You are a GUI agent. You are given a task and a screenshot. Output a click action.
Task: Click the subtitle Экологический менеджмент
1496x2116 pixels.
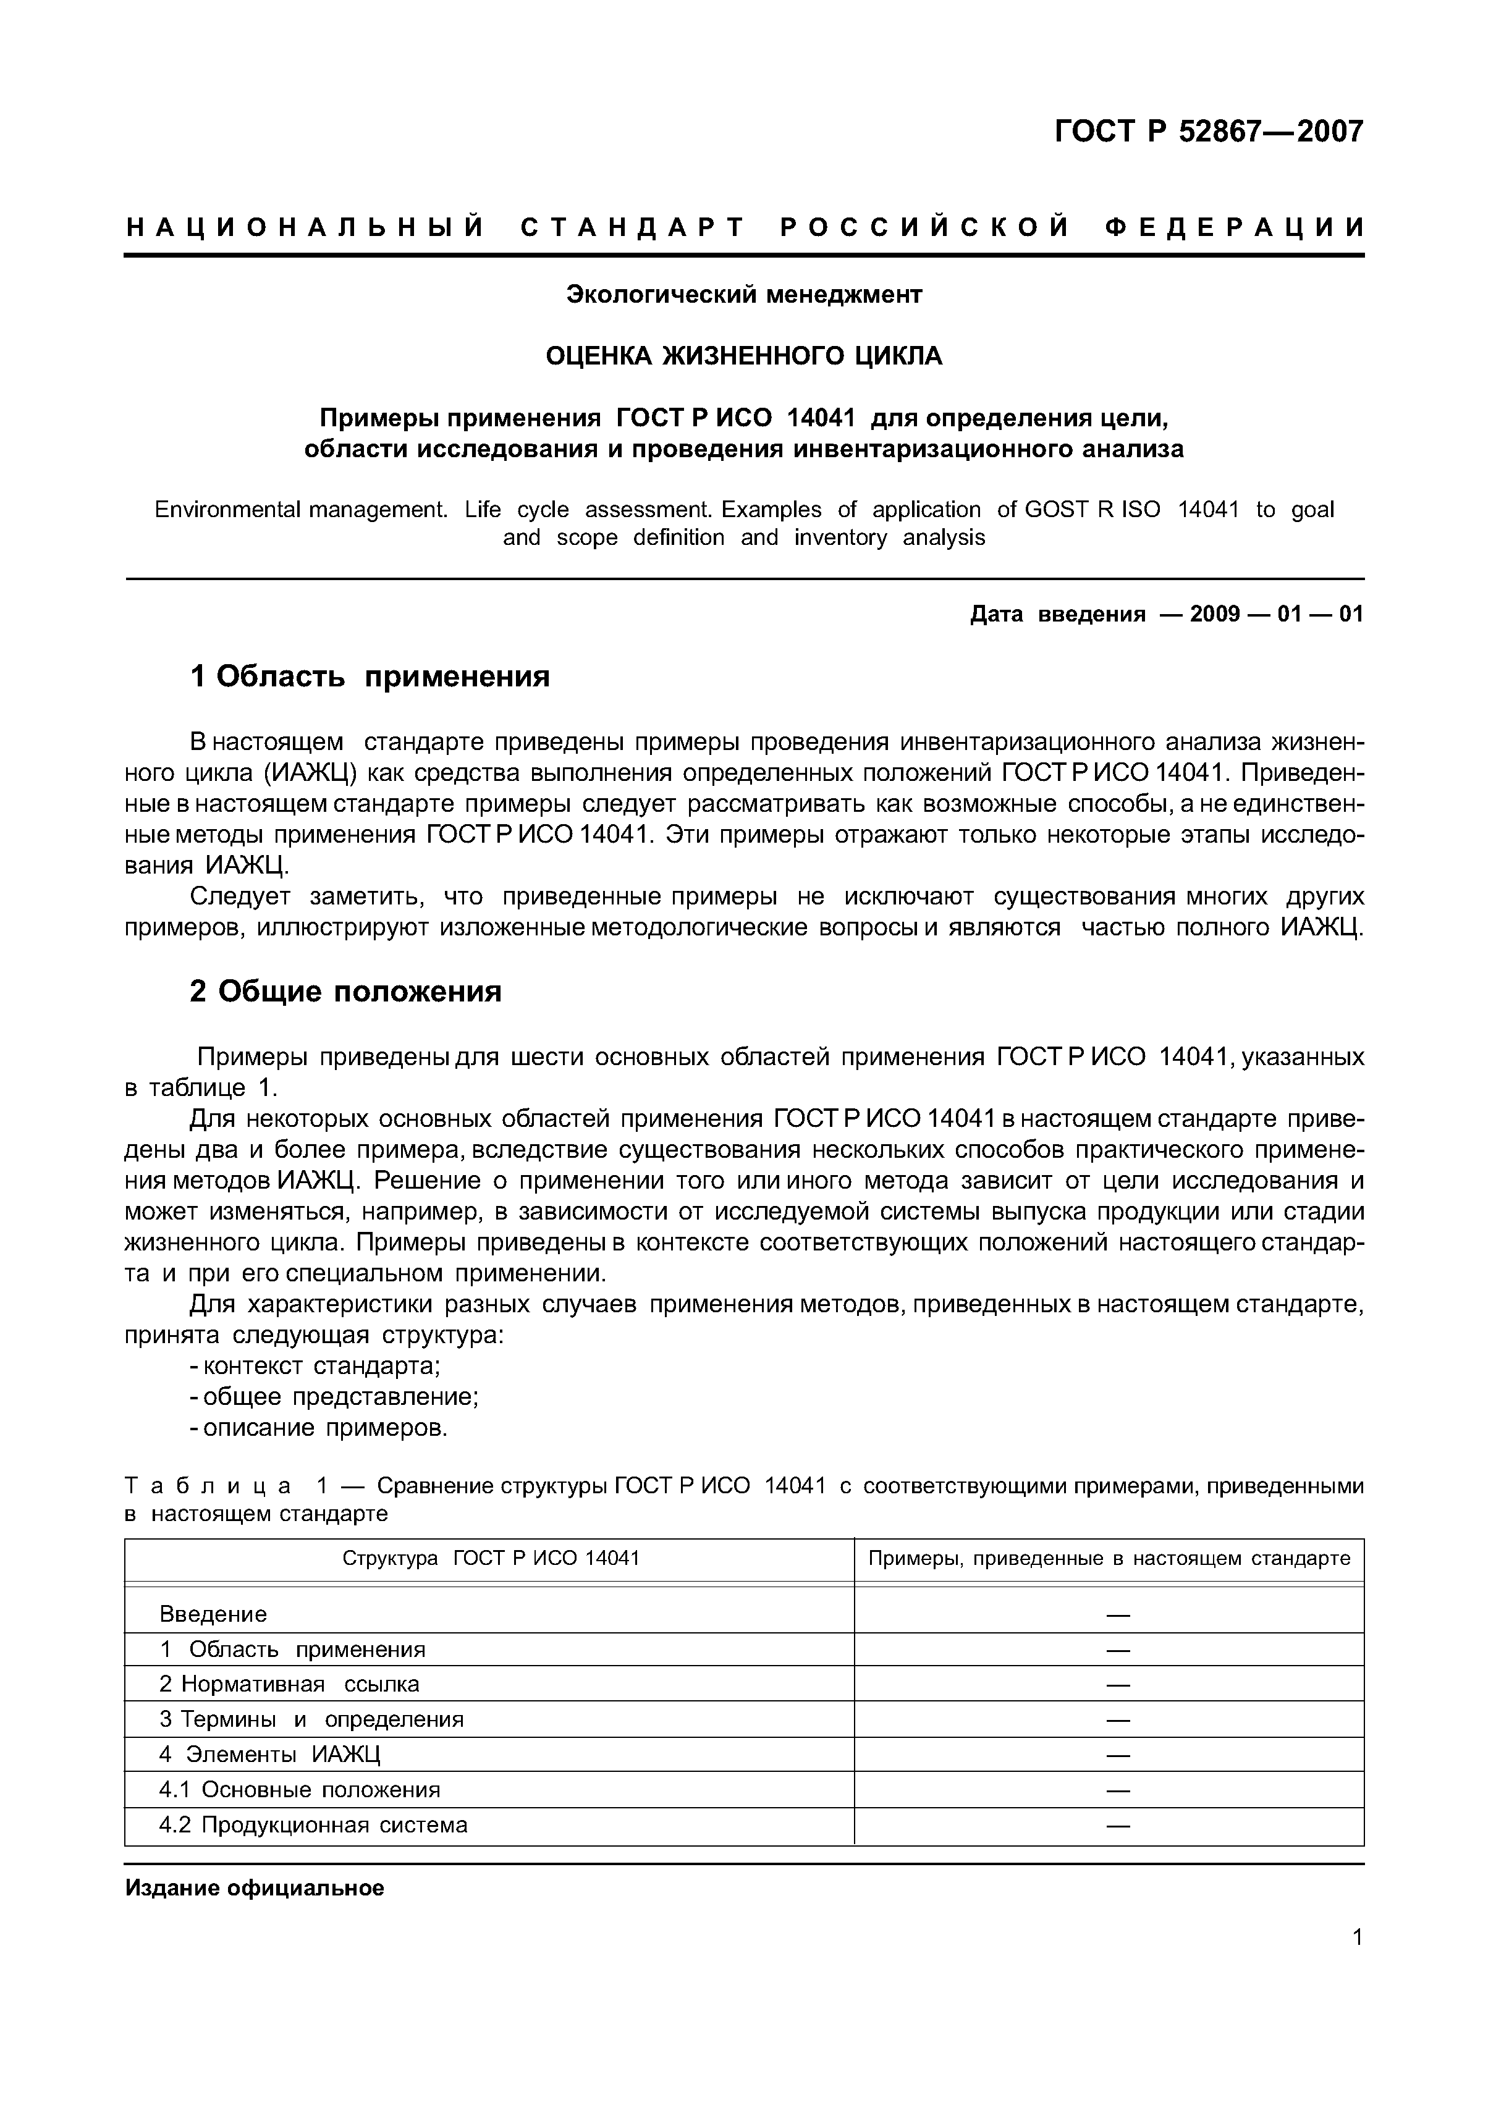(x=744, y=295)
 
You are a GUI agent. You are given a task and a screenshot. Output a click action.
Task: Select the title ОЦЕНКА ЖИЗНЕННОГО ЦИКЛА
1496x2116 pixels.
(x=744, y=356)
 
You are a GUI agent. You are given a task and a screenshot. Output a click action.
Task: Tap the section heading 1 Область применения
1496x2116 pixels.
(x=370, y=677)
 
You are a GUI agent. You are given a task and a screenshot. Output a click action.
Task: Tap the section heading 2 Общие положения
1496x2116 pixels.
(x=345, y=992)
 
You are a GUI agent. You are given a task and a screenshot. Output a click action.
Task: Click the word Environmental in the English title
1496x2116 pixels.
(x=227, y=510)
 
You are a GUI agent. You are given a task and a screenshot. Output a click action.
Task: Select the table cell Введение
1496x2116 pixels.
(x=213, y=1614)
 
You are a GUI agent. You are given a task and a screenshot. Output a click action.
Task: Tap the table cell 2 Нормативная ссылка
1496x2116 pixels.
(x=289, y=1684)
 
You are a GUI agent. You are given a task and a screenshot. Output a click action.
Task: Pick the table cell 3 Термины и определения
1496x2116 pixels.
(x=311, y=1719)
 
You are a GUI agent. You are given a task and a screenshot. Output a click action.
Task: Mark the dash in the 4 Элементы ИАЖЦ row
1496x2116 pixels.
(x=1117, y=1755)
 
